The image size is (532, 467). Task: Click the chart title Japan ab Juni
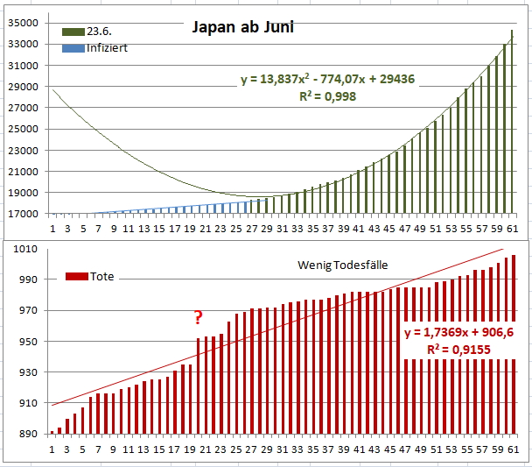[x=242, y=28]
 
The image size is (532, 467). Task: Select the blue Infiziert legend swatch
[x=73, y=47]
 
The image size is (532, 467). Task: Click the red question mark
[x=199, y=318]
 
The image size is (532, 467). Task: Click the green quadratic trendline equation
[x=327, y=80]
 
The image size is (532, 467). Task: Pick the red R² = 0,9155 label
[x=458, y=350]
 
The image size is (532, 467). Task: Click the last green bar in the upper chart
[x=512, y=123]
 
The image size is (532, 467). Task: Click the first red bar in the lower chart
[x=52, y=433]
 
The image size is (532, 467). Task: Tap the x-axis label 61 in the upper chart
[x=513, y=229]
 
